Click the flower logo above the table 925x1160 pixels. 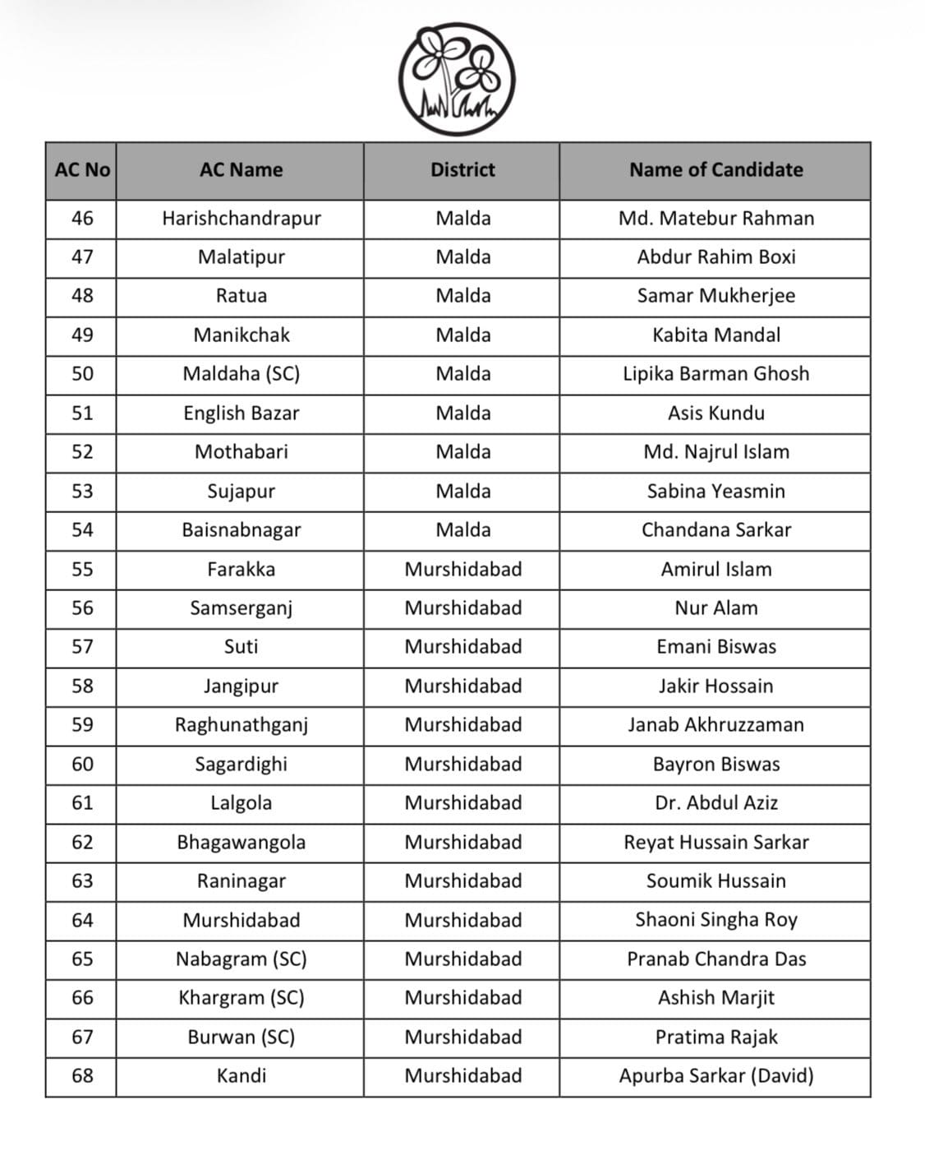click(x=457, y=79)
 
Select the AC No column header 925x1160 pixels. click(x=82, y=170)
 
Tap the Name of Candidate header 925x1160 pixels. click(x=716, y=170)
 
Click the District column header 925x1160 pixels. click(x=462, y=170)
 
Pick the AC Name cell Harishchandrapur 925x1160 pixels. click(x=241, y=219)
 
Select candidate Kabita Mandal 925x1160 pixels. click(x=716, y=335)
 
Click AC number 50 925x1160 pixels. click(x=82, y=374)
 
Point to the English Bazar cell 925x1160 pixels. click(x=241, y=414)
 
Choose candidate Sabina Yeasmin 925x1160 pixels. click(x=716, y=492)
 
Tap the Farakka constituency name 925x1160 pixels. click(x=241, y=570)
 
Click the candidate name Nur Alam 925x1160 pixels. click(x=716, y=608)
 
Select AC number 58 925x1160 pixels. click(x=82, y=686)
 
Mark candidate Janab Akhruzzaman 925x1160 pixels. click(x=716, y=725)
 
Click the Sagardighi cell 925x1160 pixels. click(x=241, y=765)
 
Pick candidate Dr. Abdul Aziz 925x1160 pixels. click(x=716, y=803)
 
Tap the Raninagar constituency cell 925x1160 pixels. click(x=241, y=881)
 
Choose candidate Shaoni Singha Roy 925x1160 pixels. click(x=716, y=920)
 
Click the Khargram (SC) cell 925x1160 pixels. click(x=241, y=998)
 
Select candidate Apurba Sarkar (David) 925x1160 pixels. click(x=716, y=1076)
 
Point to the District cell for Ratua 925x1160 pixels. click(x=462, y=296)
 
